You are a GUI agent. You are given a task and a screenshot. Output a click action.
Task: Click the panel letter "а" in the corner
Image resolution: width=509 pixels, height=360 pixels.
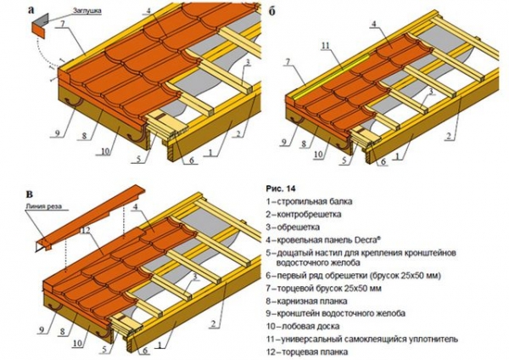tap(31, 10)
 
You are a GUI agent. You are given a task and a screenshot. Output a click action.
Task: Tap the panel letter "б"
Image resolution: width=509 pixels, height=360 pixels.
tap(271, 11)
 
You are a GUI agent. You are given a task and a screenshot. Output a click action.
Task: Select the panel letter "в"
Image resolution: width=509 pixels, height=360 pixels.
tap(30, 194)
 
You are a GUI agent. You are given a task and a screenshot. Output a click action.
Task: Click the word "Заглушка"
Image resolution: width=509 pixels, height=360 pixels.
tap(87, 10)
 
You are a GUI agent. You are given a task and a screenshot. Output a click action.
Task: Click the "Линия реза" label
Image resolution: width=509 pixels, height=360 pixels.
tap(43, 206)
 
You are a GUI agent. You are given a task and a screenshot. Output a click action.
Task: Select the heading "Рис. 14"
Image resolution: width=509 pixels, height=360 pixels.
tap(281, 188)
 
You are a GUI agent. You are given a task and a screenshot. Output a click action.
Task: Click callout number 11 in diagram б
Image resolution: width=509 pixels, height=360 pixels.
tap(326, 46)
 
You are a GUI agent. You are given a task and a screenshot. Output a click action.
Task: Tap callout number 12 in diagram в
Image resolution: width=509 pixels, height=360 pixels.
tap(86, 231)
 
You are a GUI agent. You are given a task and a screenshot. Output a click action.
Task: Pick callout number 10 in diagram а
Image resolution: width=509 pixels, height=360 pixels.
tap(105, 151)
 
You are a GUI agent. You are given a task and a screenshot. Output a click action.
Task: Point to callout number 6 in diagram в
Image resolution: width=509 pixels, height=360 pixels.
tap(145, 351)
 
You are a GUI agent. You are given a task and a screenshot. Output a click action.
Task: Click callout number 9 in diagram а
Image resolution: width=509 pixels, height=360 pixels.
tap(57, 134)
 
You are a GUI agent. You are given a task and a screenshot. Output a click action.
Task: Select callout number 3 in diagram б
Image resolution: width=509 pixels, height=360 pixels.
tap(431, 92)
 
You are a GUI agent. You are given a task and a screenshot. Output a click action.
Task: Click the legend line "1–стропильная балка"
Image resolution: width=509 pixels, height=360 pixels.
tap(309, 201)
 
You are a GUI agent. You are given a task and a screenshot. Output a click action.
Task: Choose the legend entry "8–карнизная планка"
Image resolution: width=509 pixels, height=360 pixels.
tap(306, 301)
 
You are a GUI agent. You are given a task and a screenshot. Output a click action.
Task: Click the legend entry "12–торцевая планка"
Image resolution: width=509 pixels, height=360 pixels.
tap(307, 352)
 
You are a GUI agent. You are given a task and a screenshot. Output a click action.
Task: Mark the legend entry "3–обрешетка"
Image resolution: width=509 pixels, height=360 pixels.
tap(293, 227)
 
